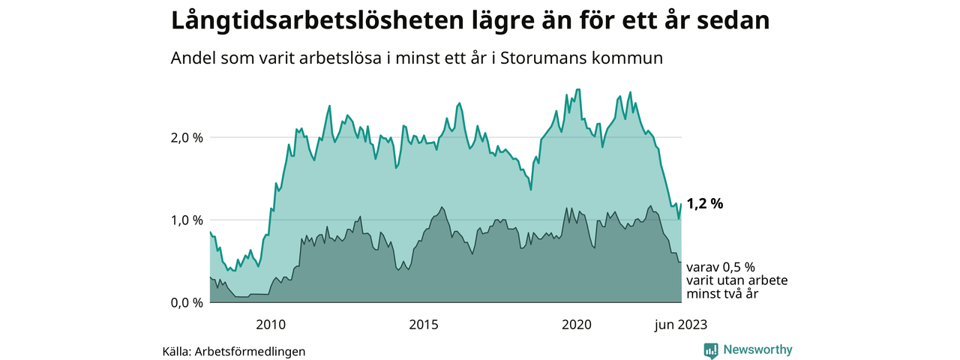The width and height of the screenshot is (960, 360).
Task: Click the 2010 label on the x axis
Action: point(271,325)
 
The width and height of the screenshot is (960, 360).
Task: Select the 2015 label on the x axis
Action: point(424,325)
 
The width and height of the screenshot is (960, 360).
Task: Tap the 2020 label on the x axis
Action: point(577,325)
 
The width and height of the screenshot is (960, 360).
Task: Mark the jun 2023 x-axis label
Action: point(680,325)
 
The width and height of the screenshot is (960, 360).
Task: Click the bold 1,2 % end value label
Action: point(705,203)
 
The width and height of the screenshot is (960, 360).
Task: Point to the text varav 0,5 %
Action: point(721,267)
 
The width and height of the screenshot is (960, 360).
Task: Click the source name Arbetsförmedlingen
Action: point(250,351)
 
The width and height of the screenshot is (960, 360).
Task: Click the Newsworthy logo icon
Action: point(711,350)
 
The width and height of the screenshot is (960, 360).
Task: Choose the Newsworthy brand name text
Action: point(757,349)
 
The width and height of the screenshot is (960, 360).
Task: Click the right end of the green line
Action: point(681,204)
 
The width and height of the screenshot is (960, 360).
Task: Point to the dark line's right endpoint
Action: point(681,262)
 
